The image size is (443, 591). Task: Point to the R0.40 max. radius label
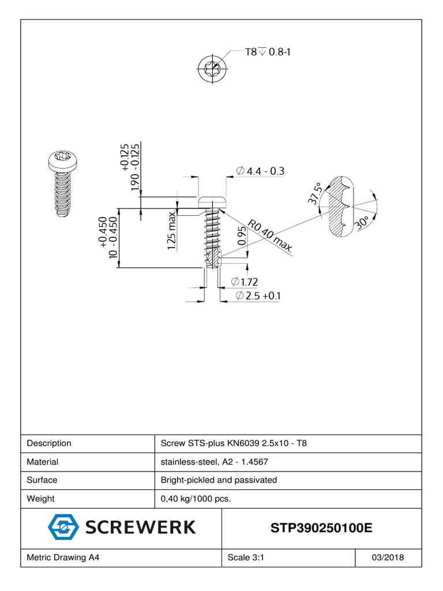pyautogui.click(x=270, y=236)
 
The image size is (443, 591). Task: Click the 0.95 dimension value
pyautogui.click(x=242, y=237)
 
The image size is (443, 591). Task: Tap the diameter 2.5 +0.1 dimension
pyautogui.click(x=258, y=296)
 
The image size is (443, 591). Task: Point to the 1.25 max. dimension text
pyautogui.click(x=172, y=230)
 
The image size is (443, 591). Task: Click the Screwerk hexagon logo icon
pyautogui.click(x=63, y=527)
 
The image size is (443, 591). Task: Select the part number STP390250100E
pyautogui.click(x=321, y=528)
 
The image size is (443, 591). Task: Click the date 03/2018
pyautogui.click(x=388, y=558)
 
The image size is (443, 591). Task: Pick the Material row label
pyautogui.click(x=43, y=462)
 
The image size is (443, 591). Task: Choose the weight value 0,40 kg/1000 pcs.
pyautogui.click(x=196, y=499)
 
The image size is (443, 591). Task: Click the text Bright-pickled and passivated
pyautogui.click(x=219, y=480)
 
